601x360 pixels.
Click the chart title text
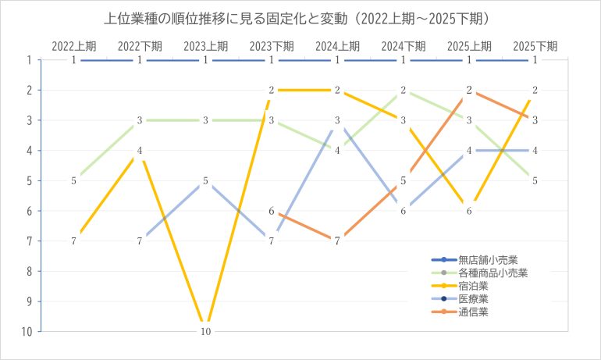300,17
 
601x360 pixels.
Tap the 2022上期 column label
73,45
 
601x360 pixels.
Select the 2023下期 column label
272,45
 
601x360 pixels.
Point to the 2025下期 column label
535,45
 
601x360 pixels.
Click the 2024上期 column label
337,45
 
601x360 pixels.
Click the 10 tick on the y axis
27,331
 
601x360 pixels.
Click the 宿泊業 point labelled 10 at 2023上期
205,331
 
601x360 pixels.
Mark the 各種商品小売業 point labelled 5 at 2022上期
73,180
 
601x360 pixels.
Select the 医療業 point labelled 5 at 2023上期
205,180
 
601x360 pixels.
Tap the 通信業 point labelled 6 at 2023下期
272,211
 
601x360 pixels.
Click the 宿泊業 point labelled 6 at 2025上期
469,211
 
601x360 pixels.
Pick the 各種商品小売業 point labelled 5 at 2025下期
535,180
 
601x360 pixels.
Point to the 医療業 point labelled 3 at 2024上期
337,120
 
